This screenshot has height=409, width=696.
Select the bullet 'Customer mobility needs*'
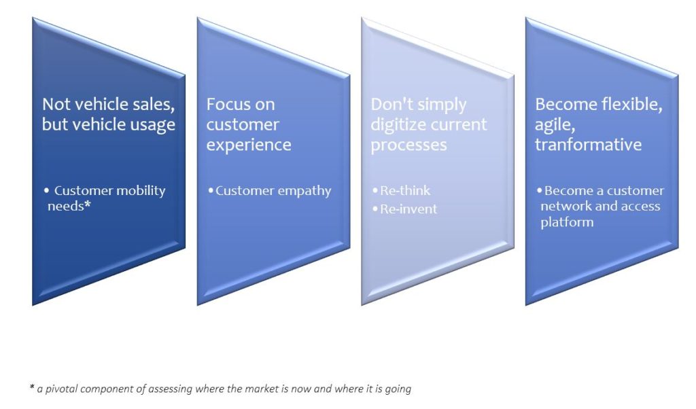point(105,198)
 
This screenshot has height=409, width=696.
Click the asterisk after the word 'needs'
point(88,204)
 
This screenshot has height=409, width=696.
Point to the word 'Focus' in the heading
point(227,104)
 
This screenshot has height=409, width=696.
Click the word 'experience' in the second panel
point(249,145)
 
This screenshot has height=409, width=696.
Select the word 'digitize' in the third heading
point(398,124)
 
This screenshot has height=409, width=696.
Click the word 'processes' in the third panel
point(408,145)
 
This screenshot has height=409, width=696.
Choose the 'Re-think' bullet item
point(401,191)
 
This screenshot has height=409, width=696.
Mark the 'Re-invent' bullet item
point(405,209)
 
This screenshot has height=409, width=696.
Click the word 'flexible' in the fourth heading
point(632,104)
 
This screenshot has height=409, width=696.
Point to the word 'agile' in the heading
point(555,125)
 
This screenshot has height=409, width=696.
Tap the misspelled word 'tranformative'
point(588,145)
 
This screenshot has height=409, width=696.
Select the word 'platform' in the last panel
point(567,221)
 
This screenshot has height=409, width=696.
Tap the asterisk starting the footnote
point(32,387)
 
